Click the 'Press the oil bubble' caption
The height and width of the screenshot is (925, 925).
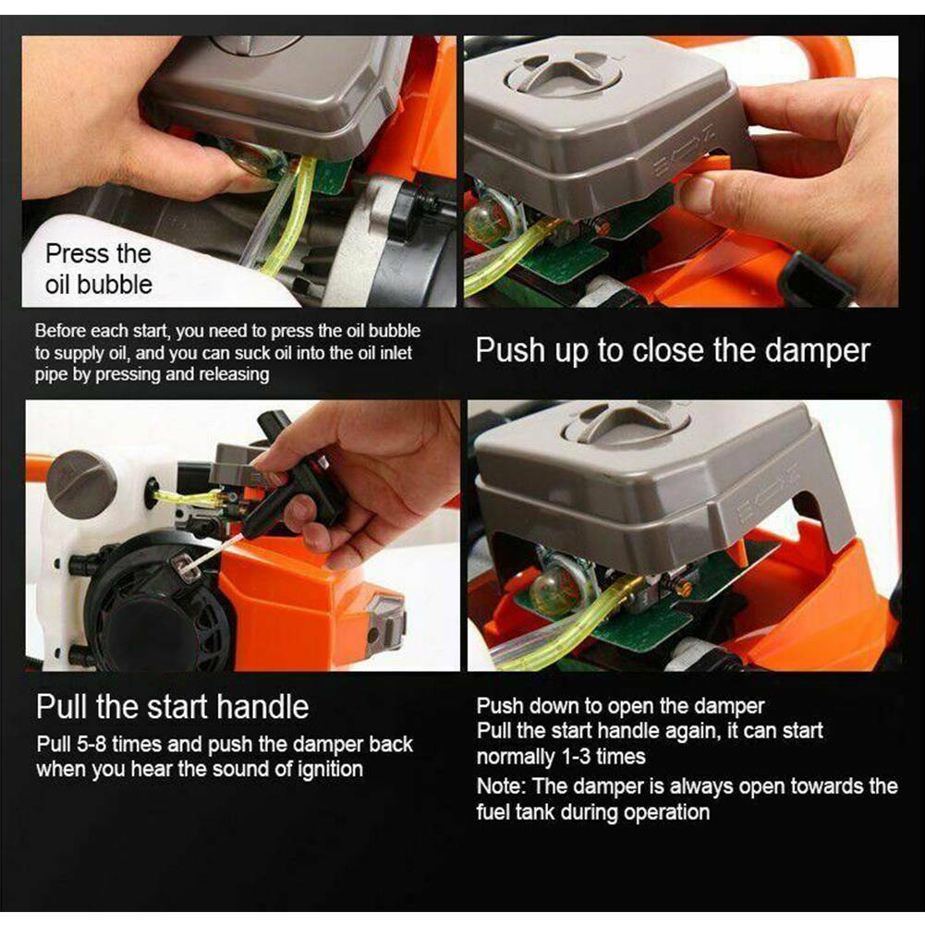pos(98,268)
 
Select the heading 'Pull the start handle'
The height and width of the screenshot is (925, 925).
pos(172,707)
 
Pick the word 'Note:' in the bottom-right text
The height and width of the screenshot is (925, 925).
pos(504,786)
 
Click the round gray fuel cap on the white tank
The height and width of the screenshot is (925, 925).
pos(81,484)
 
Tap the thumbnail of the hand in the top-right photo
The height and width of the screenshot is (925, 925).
pos(699,195)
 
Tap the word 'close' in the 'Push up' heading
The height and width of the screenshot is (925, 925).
pos(663,351)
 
